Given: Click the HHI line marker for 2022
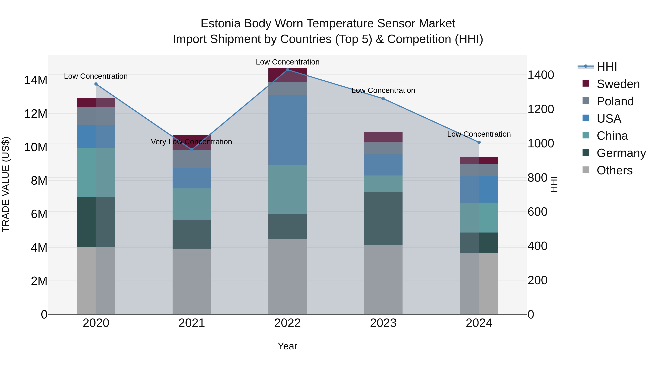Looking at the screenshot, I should point(288,70).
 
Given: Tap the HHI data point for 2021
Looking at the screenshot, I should point(192,149).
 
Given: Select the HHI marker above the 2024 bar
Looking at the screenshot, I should point(479,142).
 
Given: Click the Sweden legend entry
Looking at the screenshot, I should point(618,84).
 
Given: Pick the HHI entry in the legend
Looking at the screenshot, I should point(607,67).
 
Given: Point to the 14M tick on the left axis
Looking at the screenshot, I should point(36,80).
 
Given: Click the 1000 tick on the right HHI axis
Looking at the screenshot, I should point(540,143).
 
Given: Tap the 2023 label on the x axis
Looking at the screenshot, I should point(383,323).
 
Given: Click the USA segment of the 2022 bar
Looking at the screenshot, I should point(288,130).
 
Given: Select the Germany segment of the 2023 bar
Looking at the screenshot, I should point(383,218).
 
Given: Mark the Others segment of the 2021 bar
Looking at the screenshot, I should point(192,281).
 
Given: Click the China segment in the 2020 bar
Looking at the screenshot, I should point(96,172).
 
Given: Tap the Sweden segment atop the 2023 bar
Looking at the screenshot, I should point(383,137).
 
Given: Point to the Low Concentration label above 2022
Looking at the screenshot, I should point(288,62).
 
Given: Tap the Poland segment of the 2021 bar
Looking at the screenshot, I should point(192,159).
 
